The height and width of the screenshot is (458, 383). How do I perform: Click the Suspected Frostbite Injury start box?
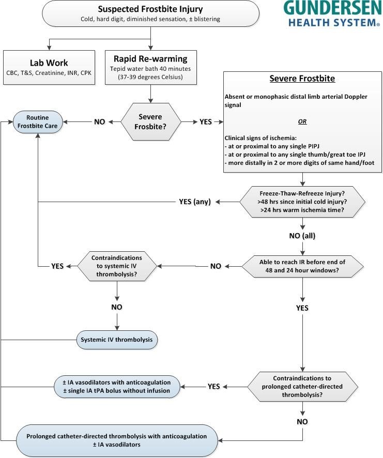[x=150, y=13]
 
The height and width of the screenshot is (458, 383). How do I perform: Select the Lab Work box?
[x=49, y=68]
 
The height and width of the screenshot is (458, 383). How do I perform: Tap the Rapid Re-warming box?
[x=151, y=68]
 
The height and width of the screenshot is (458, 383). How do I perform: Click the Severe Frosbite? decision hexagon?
[x=150, y=122]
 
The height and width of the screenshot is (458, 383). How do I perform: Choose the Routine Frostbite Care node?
[x=38, y=122]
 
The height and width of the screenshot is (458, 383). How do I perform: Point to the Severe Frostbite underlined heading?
[x=302, y=79]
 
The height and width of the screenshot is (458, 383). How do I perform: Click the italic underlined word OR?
[x=302, y=121]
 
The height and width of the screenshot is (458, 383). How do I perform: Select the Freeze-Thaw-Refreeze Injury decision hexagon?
[x=302, y=202]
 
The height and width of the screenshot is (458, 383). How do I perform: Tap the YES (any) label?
[x=195, y=202]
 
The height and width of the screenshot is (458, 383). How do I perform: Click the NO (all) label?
[x=302, y=236]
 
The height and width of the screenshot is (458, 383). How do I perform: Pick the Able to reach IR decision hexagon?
[x=302, y=266]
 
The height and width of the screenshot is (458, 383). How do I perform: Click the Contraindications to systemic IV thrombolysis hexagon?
[x=117, y=266]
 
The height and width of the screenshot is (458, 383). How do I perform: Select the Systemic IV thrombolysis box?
[x=117, y=340]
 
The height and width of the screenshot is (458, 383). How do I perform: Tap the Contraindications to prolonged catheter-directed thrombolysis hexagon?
[x=302, y=387]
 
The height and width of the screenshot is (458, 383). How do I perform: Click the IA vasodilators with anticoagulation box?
[x=117, y=387]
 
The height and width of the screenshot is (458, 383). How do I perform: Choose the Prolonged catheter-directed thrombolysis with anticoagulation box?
[x=117, y=440]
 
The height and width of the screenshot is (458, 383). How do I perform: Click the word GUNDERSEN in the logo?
[x=333, y=8]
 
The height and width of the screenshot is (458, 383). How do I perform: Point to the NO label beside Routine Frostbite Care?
[x=100, y=122]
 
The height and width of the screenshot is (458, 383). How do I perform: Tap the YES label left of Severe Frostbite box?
[x=206, y=122]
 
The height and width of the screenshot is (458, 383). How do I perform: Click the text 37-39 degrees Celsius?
[x=151, y=77]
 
